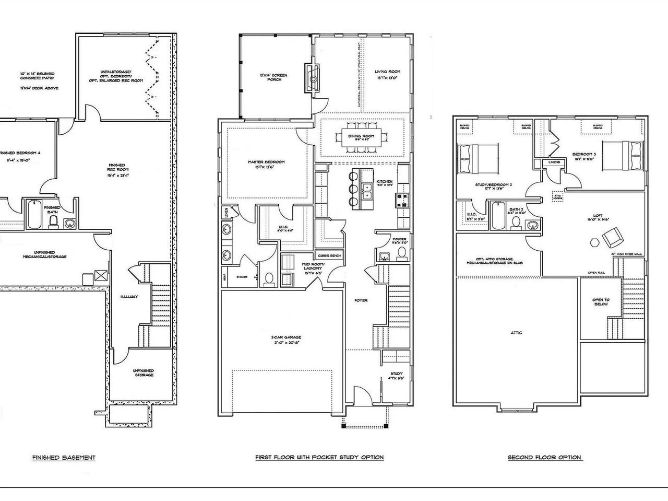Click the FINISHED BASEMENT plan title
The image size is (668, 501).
point(64,458)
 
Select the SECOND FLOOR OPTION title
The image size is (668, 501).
point(545,458)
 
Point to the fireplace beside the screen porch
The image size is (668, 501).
point(312,78)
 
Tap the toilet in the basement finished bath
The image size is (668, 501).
point(53,223)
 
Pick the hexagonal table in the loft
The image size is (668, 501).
point(594,242)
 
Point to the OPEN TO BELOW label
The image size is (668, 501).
point(601,303)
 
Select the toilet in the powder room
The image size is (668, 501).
point(401,254)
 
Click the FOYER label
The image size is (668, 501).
point(361,300)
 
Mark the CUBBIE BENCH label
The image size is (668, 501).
point(329,255)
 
